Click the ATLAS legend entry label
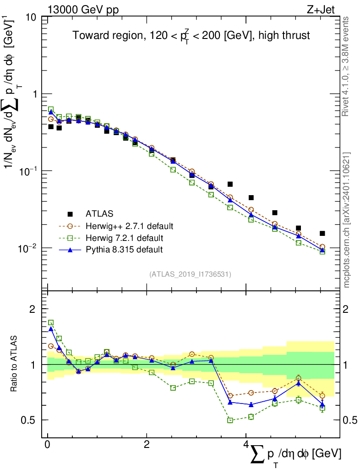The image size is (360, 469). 99,214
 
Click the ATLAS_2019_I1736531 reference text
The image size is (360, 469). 190,274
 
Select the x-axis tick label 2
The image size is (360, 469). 147,446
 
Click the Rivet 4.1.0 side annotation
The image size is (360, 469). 346,66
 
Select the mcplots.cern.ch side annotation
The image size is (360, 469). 346,220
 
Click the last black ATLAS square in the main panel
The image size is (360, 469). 322,234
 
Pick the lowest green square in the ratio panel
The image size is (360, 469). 230,420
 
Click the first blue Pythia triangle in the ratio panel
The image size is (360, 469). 51,329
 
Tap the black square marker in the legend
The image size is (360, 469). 70,214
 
